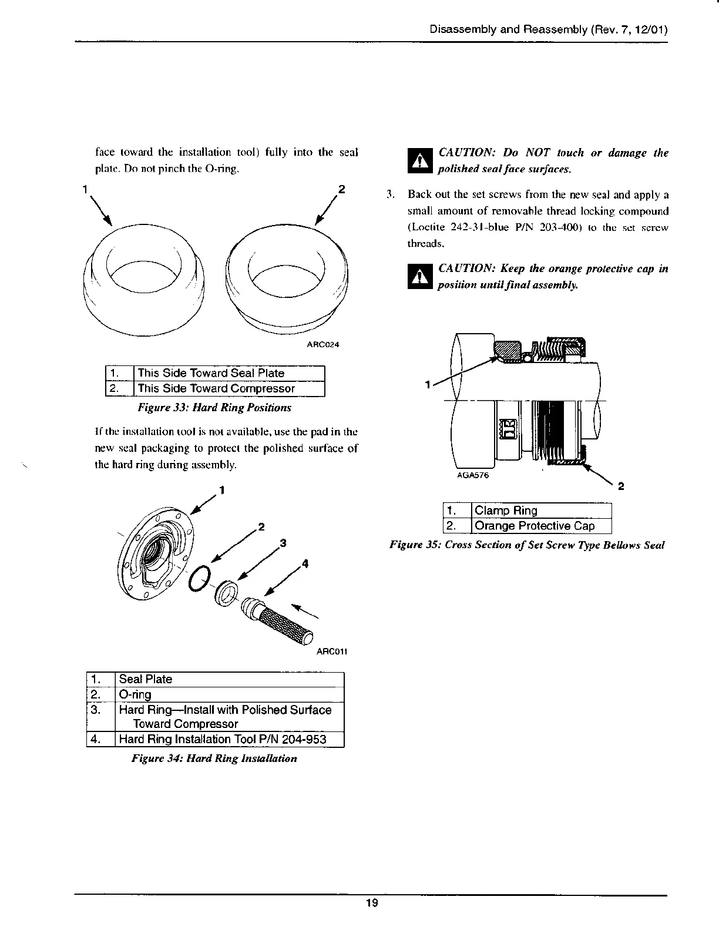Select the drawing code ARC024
point(322,344)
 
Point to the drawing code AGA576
point(473,476)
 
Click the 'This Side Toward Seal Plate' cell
point(229,373)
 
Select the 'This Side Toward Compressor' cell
point(229,388)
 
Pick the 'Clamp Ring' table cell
point(540,511)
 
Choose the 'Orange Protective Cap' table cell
point(540,526)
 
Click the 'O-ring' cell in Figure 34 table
point(229,694)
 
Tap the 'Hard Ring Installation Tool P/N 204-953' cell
point(229,739)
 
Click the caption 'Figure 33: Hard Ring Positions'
point(214,407)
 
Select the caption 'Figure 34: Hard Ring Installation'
point(214,758)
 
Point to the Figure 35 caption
point(527,545)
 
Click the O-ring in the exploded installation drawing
point(199,579)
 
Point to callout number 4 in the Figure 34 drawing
point(304,565)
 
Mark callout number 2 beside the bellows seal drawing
point(621,486)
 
